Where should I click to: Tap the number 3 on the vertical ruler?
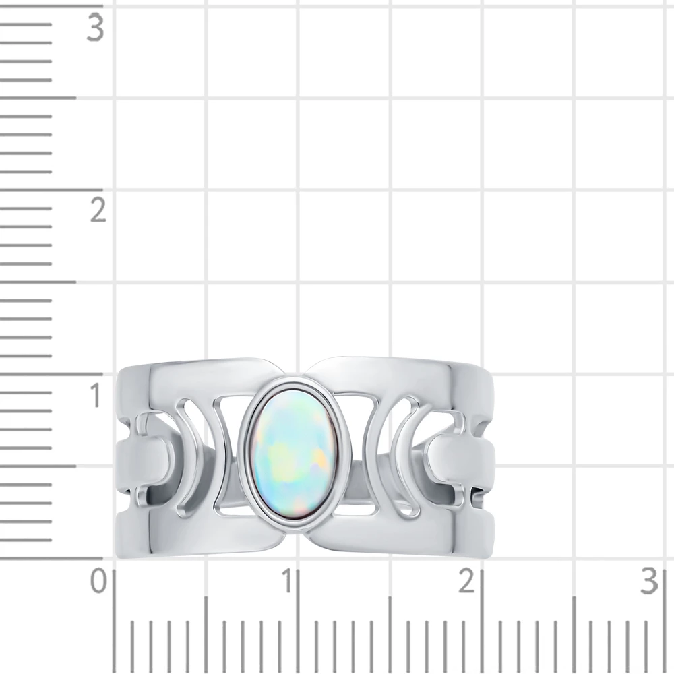coord(96,28)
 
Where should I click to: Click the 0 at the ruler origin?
coord(98,581)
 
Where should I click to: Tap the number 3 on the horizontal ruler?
coord(649,581)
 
